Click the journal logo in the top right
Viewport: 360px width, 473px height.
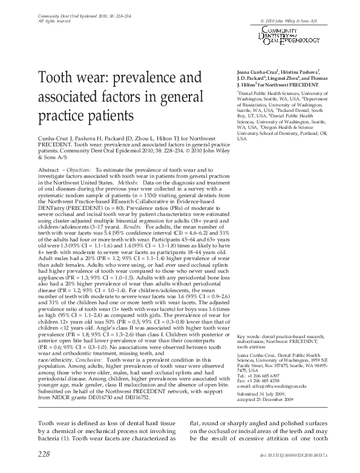coord(290,34)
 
